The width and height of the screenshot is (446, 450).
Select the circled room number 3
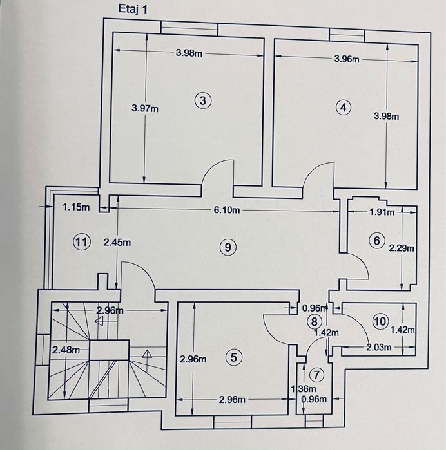click(x=203, y=100)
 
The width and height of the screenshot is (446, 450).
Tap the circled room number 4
click(x=344, y=108)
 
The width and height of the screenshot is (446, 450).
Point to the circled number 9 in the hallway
click(x=225, y=246)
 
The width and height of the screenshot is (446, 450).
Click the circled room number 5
click(x=233, y=357)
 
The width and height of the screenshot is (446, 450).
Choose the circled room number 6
click(x=376, y=241)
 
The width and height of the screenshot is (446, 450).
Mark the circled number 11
click(x=80, y=242)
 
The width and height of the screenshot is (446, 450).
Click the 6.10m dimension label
click(x=227, y=210)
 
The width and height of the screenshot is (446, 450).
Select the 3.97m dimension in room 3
click(x=144, y=109)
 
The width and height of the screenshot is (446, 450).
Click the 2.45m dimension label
click(x=118, y=243)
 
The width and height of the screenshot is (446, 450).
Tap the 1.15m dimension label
click(x=75, y=207)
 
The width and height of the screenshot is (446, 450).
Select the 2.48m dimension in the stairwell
click(x=66, y=350)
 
